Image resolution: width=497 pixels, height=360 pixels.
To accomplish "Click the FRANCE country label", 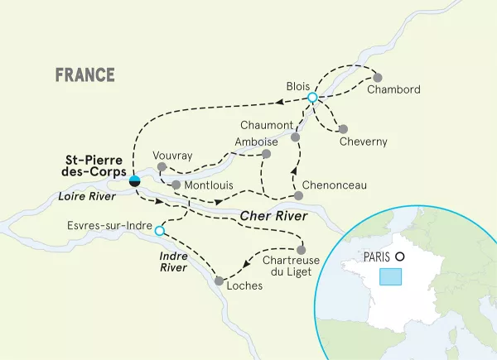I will pos(85,74).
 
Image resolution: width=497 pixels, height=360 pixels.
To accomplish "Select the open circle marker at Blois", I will pos(312,98).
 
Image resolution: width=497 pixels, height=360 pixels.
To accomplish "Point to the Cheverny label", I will pos(363,142).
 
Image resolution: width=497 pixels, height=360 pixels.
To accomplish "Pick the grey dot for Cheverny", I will pos(342,128).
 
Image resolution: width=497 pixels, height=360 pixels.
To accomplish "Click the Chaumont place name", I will pos(267,125).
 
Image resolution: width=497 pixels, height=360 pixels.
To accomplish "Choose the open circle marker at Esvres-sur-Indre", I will pos(160,231).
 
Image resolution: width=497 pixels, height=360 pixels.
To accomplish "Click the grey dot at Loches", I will pos(218,281).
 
